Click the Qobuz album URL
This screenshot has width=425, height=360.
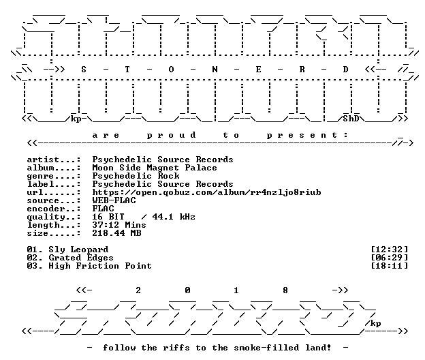[x=206, y=192]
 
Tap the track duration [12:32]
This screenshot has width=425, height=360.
[x=389, y=250]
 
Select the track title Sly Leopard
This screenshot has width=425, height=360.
[x=78, y=250]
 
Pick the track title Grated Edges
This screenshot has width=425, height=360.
[x=81, y=258]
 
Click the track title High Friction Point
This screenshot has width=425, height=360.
[x=100, y=266]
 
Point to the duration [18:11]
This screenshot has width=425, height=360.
[x=389, y=266]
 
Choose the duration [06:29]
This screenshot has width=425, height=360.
[x=389, y=258]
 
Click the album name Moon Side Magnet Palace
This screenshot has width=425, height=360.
[x=155, y=168]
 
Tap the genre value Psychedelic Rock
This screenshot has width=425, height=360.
[x=136, y=176]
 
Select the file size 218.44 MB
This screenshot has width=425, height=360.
[x=116, y=233]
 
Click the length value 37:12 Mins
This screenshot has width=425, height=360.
[x=119, y=225]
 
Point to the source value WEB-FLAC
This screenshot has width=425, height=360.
[x=114, y=200]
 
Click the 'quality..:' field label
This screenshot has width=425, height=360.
[x=54, y=217]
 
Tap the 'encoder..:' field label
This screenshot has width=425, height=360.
[x=54, y=209]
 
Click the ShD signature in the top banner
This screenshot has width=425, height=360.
[x=351, y=119]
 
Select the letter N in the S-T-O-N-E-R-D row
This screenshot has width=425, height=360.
[x=215, y=70]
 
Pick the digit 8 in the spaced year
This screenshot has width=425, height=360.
[x=285, y=290]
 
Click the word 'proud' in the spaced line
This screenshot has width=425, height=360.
[x=171, y=136]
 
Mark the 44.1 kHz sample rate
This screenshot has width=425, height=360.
[x=174, y=217]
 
